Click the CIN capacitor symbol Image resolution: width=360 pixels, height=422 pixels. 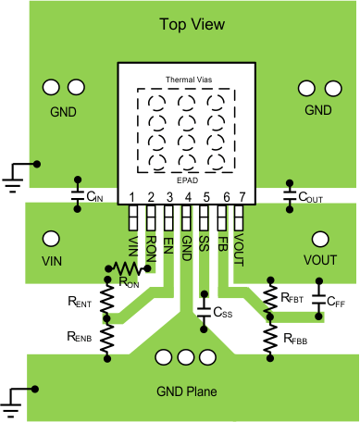(x=77, y=196)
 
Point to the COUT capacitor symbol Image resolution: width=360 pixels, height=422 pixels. (x=289, y=196)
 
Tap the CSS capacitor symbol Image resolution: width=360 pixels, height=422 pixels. (x=204, y=313)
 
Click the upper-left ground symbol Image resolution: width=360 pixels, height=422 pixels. (x=13, y=174)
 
